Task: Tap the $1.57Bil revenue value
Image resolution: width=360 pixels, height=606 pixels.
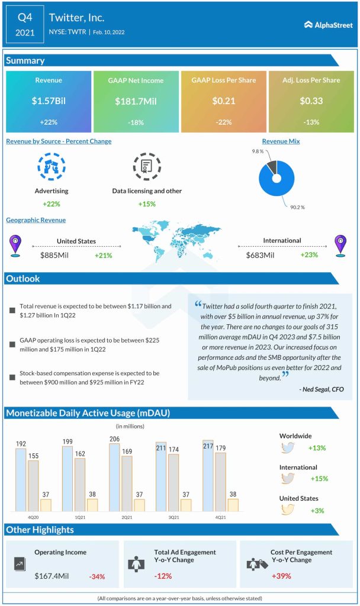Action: coord(49,101)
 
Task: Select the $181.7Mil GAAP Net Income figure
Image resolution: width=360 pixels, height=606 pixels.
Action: coord(136,101)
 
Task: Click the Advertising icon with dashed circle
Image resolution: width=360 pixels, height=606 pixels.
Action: coord(52,167)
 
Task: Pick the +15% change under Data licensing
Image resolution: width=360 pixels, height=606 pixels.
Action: coord(146,204)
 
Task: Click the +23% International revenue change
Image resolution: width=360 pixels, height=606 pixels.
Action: coord(308,255)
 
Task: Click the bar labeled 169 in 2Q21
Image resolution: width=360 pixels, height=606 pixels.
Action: coord(127,483)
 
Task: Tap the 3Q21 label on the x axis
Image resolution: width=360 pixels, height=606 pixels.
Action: coord(173,517)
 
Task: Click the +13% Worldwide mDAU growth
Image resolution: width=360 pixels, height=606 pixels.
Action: coord(317,448)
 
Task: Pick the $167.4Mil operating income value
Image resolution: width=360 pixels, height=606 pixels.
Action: coord(54,576)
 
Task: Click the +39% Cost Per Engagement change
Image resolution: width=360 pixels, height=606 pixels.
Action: coord(281,576)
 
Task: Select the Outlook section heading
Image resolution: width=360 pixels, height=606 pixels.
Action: coord(23,279)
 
